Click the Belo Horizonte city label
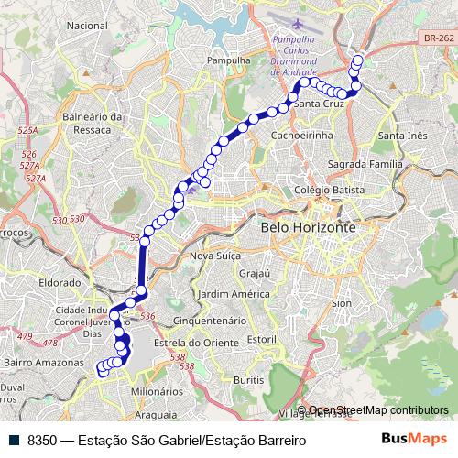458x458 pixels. coord(307,226)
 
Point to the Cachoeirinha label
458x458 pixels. coord(301,135)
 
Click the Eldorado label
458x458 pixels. coord(60,283)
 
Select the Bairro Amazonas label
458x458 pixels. coord(37,364)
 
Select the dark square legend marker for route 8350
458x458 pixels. coord(14,441)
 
